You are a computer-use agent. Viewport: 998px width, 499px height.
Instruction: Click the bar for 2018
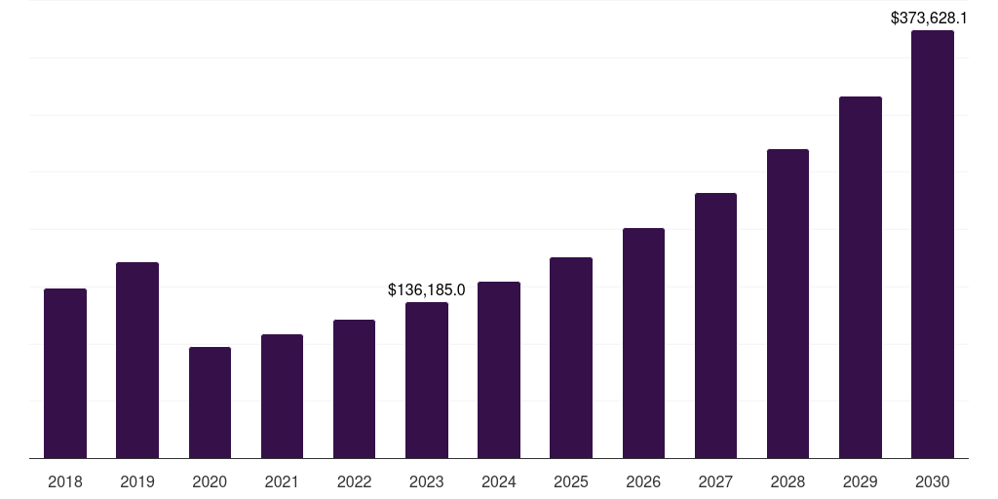point(65,373)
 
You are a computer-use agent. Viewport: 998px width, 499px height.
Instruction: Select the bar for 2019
point(137,360)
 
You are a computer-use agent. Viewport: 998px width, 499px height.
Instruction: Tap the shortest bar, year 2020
point(210,403)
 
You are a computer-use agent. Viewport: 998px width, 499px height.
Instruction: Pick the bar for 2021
point(282,396)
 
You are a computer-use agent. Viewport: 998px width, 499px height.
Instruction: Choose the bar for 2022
point(354,389)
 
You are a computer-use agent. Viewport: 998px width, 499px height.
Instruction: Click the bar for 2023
point(427,380)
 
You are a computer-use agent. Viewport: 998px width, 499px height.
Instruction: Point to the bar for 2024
point(499,369)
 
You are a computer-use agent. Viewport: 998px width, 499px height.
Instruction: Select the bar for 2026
point(643,343)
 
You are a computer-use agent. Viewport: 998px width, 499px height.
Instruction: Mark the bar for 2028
point(787,303)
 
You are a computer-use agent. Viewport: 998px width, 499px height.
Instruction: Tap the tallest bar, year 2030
point(933,244)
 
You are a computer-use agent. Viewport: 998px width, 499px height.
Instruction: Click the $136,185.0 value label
point(427,289)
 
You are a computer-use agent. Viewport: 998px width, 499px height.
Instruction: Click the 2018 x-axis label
point(65,481)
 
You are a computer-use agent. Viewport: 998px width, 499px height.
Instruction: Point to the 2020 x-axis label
point(210,481)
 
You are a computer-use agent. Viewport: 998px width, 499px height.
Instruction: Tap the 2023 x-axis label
point(427,481)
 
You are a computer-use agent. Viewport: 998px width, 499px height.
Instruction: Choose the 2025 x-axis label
point(571,481)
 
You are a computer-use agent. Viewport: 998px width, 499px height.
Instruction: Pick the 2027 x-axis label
point(715,481)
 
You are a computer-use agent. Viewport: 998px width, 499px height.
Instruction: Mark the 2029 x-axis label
point(860,481)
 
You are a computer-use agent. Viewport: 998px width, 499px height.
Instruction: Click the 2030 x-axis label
point(933,481)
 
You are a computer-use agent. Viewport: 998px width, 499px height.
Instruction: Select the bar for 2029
point(860,277)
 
